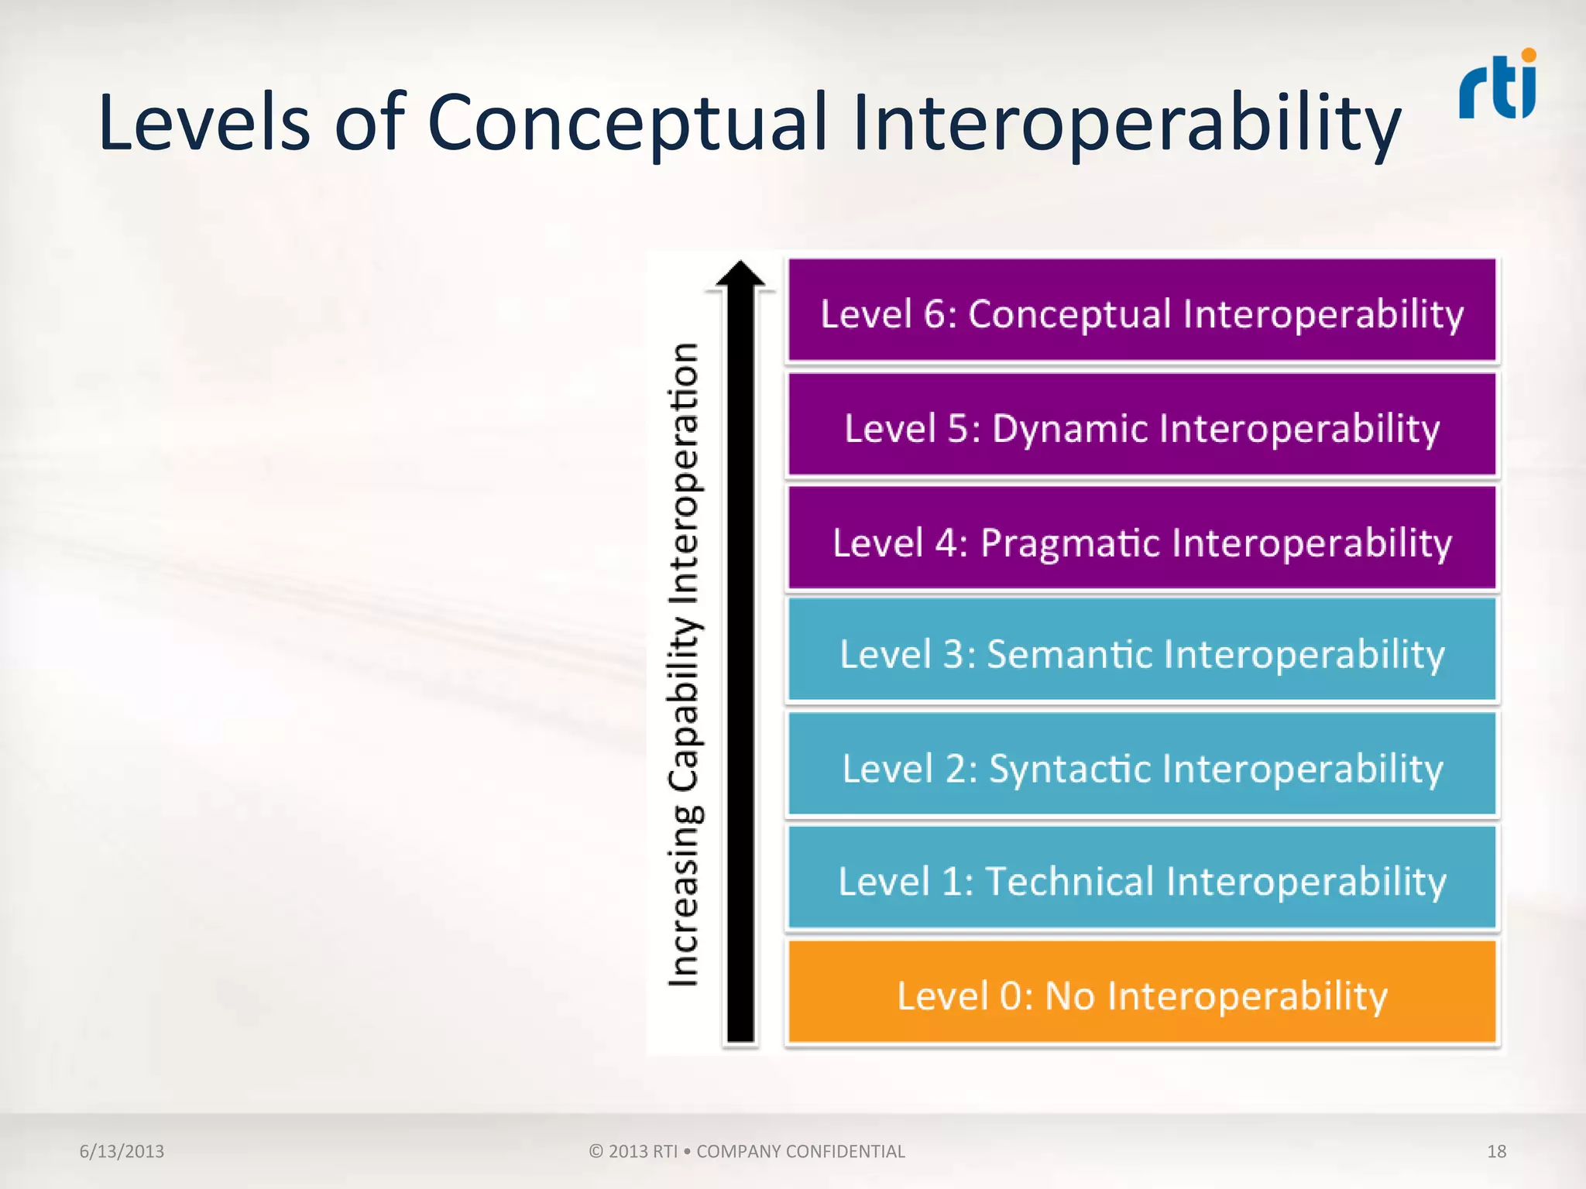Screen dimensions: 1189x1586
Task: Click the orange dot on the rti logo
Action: coord(1528,55)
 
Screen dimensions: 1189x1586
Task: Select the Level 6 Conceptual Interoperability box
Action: coord(1141,310)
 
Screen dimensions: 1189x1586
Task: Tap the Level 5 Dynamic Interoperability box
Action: coord(1141,425)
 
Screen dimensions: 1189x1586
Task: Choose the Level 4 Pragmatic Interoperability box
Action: coord(1141,539)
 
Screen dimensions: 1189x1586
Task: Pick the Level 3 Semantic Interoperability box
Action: coord(1141,651)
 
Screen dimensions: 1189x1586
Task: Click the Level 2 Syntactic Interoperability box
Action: coord(1141,765)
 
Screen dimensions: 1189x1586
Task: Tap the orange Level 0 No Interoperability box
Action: coord(1141,992)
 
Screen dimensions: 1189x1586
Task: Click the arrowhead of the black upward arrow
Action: coord(740,276)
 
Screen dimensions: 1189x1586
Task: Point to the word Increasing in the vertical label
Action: coord(685,898)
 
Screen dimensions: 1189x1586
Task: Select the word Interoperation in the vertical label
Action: coord(685,472)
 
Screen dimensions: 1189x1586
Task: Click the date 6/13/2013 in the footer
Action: coord(122,1151)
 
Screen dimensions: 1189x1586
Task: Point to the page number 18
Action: coord(1496,1151)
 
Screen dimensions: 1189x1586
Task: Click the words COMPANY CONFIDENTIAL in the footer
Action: coord(800,1151)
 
